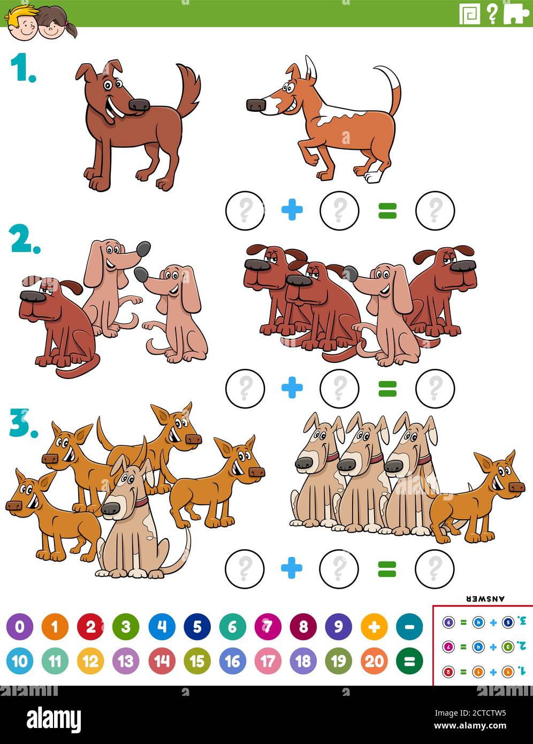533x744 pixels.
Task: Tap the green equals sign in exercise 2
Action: click(x=387, y=388)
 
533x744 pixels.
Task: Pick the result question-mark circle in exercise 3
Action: click(x=435, y=568)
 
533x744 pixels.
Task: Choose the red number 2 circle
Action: click(x=90, y=627)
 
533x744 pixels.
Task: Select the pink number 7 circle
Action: click(x=268, y=627)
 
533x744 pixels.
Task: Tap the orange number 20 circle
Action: click(x=374, y=662)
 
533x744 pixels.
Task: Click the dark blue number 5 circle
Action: click(x=197, y=627)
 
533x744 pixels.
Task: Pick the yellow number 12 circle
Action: click(x=90, y=662)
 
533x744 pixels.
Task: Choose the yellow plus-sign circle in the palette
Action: click(x=374, y=627)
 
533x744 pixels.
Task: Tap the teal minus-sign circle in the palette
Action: click(x=409, y=627)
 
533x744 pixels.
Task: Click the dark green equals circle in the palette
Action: click(x=409, y=662)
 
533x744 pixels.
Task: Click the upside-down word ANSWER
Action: click(x=485, y=598)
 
